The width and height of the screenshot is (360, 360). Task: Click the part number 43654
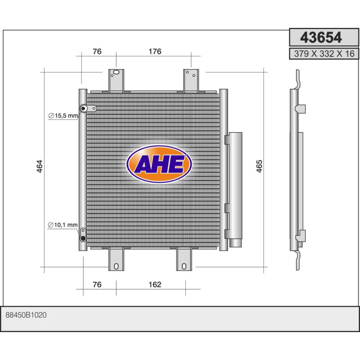point(321,37)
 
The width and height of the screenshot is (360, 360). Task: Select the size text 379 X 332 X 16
point(324,54)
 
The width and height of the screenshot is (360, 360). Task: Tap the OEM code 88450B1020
point(26,315)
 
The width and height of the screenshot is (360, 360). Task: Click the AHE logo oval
point(159,164)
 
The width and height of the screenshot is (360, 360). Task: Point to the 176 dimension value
point(155,51)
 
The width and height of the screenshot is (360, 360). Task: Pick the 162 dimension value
point(155,284)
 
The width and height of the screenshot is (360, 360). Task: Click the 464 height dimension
point(40,166)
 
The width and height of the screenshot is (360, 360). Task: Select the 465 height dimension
point(259,166)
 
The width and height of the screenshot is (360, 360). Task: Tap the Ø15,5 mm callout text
point(63,116)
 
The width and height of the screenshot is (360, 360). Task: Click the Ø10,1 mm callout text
point(63,225)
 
